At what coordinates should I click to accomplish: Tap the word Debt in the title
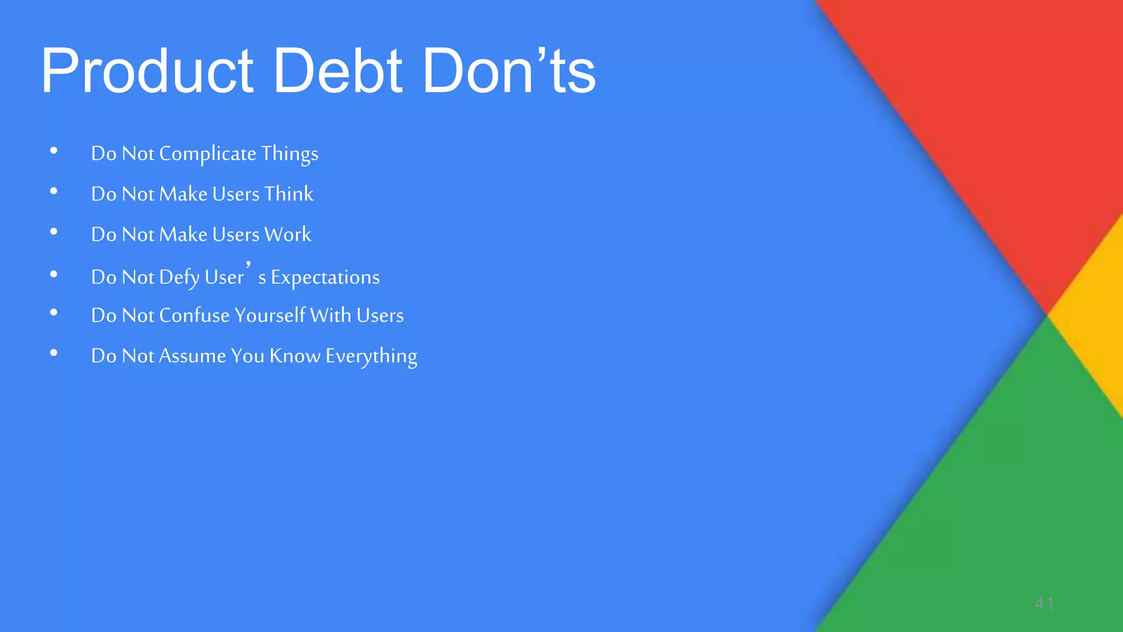point(338,71)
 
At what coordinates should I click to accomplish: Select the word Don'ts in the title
point(509,71)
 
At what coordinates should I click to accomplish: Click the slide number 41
point(1044,603)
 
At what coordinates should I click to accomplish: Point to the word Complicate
point(207,154)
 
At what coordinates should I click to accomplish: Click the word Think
point(288,194)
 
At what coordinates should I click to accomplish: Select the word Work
point(287,234)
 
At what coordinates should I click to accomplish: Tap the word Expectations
point(325,278)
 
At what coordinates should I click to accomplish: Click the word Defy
point(179,278)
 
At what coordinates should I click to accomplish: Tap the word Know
point(295,356)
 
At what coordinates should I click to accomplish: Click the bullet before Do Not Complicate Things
point(54,151)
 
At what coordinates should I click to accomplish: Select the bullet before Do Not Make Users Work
point(54,232)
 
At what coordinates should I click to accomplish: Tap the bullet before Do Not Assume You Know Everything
point(54,353)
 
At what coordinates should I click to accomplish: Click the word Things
point(290,154)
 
